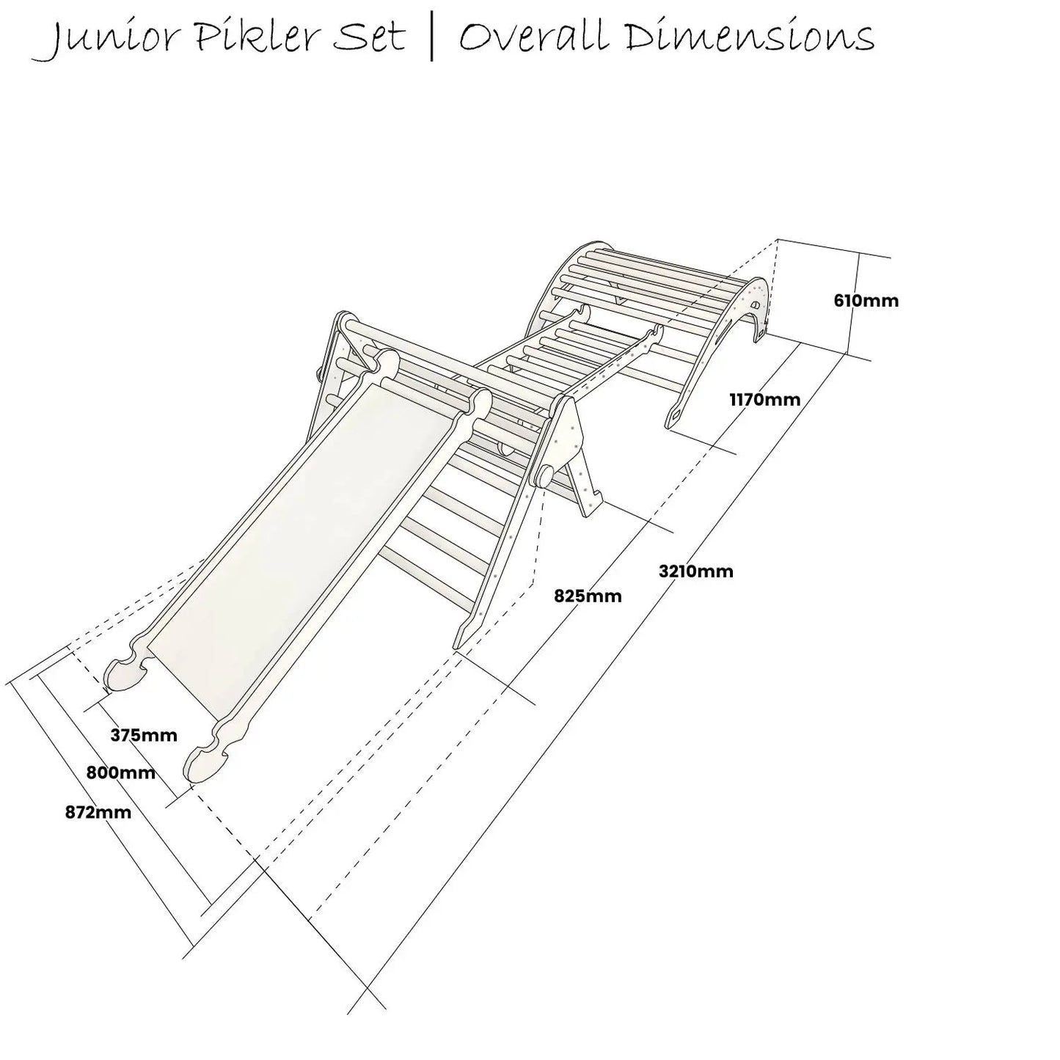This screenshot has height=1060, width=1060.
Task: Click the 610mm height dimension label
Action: point(866,301)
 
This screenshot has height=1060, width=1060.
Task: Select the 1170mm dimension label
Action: point(764,400)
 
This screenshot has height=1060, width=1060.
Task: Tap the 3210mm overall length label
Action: point(695,571)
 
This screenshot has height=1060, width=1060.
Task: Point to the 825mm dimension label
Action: point(588,596)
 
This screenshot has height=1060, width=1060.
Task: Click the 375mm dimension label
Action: point(144,735)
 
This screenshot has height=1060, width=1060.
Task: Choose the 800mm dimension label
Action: point(121,773)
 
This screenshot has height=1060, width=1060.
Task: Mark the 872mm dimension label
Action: point(98,813)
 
